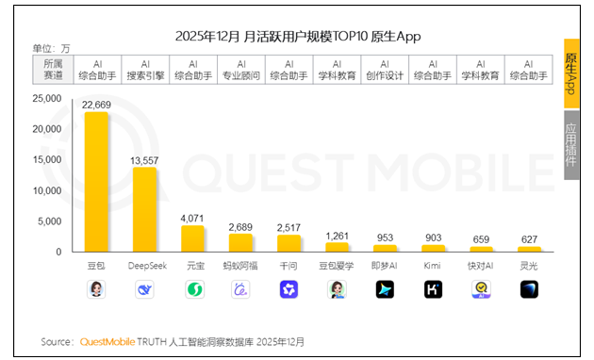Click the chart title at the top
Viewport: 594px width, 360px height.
tap(297, 36)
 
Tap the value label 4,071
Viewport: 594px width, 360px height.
tap(192, 218)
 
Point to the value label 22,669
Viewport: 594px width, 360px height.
tap(96, 105)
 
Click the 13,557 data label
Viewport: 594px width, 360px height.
tap(144, 159)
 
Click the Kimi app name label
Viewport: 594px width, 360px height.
tap(433, 266)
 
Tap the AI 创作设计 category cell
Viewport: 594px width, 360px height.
tap(385, 69)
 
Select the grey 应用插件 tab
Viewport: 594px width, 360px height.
tap(571, 145)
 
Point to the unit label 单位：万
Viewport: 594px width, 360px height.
tap(51, 47)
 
